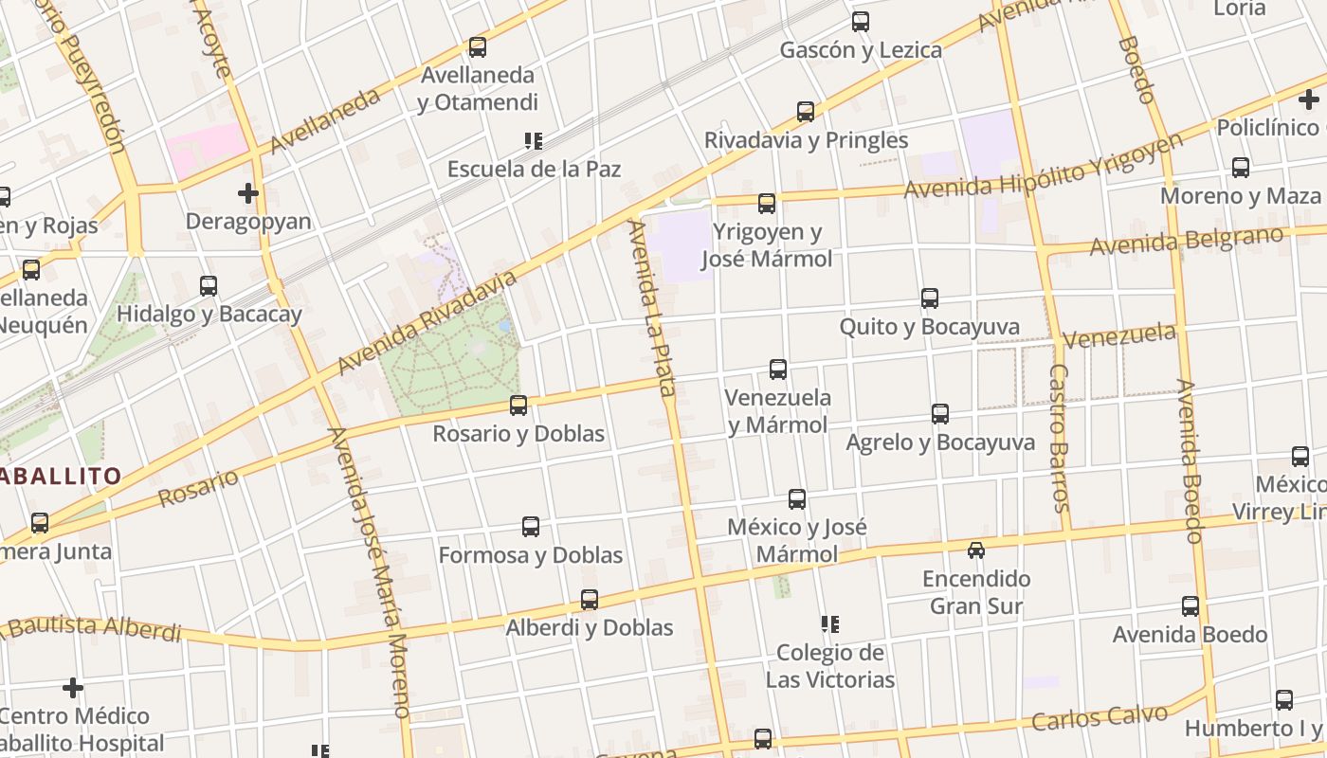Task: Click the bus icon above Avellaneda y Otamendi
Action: pyautogui.click(x=478, y=46)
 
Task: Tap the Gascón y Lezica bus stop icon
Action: pyautogui.click(x=861, y=21)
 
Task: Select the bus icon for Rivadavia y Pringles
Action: pyautogui.click(x=806, y=112)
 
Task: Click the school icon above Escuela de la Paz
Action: pyautogui.click(x=534, y=141)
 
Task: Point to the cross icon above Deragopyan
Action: pyautogui.click(x=248, y=193)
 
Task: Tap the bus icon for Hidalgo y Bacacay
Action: pyautogui.click(x=209, y=285)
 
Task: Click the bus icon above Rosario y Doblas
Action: pyautogui.click(x=518, y=406)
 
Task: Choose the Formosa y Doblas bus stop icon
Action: pyautogui.click(x=531, y=527)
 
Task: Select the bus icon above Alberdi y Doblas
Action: pyautogui.click(x=590, y=600)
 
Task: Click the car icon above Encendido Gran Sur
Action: pyautogui.click(x=976, y=550)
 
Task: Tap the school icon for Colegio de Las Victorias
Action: pyautogui.click(x=830, y=624)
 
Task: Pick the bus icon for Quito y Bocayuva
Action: pyautogui.click(x=930, y=298)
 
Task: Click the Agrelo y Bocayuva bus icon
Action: pyautogui.click(x=940, y=414)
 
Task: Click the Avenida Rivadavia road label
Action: pyautogui.click(x=428, y=320)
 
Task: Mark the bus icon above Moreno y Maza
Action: pyautogui.click(x=1241, y=168)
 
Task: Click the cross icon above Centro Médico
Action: pyautogui.click(x=73, y=687)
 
